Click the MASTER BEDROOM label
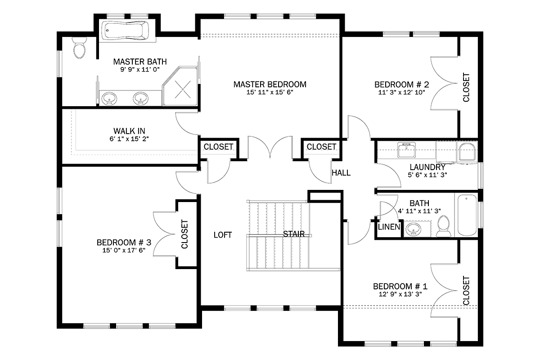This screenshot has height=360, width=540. click(x=270, y=85)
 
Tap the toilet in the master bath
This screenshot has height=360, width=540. click(x=79, y=48)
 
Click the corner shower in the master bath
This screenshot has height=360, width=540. click(x=180, y=86)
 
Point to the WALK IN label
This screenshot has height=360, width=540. click(x=129, y=131)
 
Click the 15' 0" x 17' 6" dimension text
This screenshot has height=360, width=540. click(x=124, y=250)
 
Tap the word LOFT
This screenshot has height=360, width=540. click(x=223, y=235)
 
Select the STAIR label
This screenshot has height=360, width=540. click(x=293, y=234)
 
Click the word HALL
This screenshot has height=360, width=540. click(x=341, y=173)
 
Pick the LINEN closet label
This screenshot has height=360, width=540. click(x=389, y=227)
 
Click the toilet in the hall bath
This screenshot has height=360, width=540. click(x=444, y=226)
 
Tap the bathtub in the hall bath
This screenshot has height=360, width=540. click(x=467, y=215)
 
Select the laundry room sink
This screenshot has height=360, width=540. click(x=406, y=150)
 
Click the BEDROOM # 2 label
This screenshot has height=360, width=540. click(x=401, y=85)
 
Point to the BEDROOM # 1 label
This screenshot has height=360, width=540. click(x=400, y=287)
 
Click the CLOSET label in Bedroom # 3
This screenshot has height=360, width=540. click(x=184, y=234)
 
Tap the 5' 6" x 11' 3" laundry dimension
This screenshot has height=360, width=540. click(x=427, y=175)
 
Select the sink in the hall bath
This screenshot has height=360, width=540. click(x=414, y=229)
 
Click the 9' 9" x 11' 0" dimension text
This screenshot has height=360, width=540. click(x=140, y=70)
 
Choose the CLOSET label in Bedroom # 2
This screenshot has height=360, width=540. click(x=466, y=88)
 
